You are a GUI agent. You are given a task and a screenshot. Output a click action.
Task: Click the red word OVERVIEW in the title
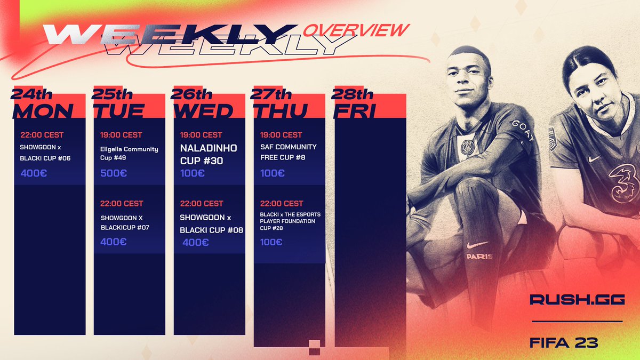(x=356, y=30)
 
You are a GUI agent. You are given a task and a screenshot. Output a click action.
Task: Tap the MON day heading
(x=43, y=110)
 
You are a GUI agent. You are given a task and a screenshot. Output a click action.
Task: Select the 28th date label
(x=353, y=94)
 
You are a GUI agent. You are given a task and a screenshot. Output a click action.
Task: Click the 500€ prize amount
(x=114, y=173)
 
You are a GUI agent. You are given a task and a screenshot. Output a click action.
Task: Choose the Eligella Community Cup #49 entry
(x=130, y=154)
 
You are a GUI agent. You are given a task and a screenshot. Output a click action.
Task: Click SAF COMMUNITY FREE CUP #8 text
(x=289, y=152)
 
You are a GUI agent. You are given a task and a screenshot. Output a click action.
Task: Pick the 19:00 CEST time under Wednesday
(x=202, y=135)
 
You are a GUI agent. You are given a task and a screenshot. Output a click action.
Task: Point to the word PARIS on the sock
(x=479, y=256)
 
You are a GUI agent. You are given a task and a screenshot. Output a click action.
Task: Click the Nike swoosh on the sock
(x=477, y=244)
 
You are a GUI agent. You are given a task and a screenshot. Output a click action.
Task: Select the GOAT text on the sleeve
(x=524, y=130)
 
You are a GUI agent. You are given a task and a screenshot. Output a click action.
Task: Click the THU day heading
(x=280, y=110)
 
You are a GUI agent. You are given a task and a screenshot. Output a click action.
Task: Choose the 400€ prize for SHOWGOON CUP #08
(x=195, y=242)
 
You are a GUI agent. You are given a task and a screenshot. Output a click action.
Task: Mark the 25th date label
(x=112, y=94)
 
